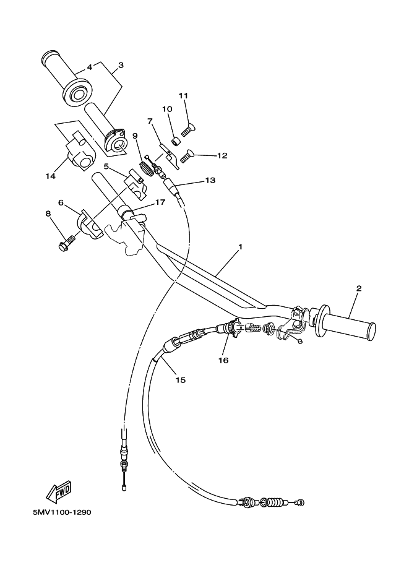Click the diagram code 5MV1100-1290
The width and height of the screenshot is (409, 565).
[62, 512]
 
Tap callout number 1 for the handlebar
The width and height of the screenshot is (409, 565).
[240, 247]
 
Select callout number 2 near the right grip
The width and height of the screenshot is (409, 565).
[358, 288]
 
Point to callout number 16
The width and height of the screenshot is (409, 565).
[223, 360]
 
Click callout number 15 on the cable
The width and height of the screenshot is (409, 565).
[180, 380]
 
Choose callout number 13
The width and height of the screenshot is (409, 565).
[210, 180]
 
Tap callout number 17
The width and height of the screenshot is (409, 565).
[160, 202]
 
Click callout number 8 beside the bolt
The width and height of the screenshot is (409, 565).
[48, 213]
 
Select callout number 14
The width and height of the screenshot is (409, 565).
[51, 176]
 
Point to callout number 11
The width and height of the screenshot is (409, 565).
[183, 95]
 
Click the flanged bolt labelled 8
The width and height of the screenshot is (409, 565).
[67, 242]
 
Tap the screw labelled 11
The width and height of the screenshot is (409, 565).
[189, 129]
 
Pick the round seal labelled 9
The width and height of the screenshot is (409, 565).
[145, 168]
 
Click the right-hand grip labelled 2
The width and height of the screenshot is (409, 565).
[345, 324]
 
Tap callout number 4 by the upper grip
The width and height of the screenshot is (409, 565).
[89, 67]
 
